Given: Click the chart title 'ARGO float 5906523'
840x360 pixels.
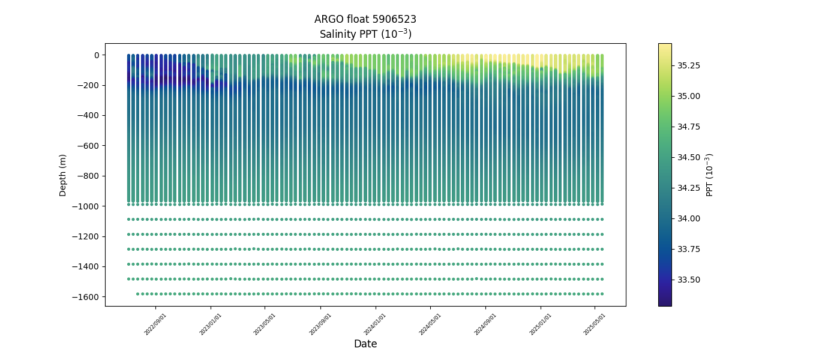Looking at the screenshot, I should click(365, 19).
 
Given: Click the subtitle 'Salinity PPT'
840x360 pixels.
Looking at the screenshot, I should click(365, 34).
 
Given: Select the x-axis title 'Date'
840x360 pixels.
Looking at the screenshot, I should click(365, 344).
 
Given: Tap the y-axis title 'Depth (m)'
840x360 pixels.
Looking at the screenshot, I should click(63, 175).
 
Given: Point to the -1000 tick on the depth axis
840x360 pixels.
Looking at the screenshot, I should click(88, 206).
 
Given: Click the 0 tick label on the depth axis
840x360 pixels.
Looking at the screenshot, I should click(95, 55).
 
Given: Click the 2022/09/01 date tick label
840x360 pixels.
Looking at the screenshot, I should click(155, 324).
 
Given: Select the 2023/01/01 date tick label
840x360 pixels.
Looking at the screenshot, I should click(211, 324).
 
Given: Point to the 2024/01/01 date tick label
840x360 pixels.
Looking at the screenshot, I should click(375, 324).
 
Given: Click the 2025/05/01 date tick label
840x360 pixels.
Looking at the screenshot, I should click(595, 324).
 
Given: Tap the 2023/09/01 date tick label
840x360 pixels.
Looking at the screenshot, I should click(320, 324).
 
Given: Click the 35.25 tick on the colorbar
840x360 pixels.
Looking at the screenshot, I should click(688, 65).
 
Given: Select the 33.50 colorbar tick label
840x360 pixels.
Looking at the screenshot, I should click(688, 280).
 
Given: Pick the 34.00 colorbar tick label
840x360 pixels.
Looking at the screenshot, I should click(688, 218).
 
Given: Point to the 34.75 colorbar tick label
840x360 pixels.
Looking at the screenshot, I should click(688, 127).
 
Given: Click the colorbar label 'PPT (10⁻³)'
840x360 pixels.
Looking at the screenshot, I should click(710, 175).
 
